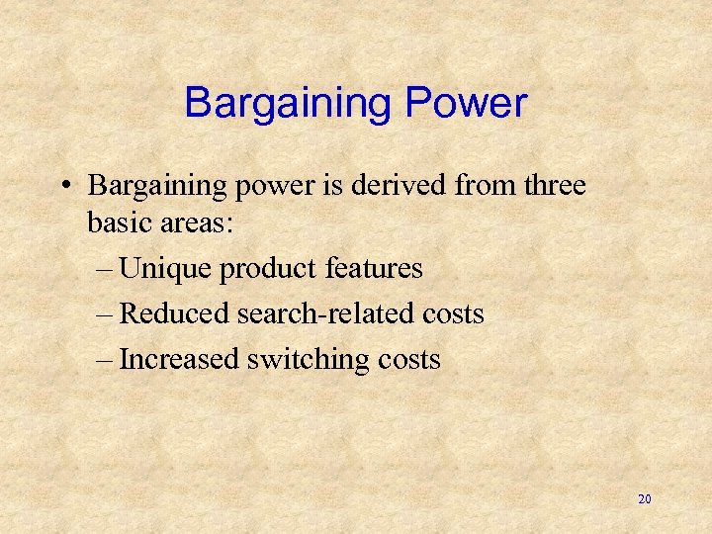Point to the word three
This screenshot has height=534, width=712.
tap(550, 185)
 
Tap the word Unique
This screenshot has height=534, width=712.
tap(165, 268)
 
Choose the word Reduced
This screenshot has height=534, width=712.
tap(175, 313)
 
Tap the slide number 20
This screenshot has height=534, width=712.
tap(645, 499)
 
